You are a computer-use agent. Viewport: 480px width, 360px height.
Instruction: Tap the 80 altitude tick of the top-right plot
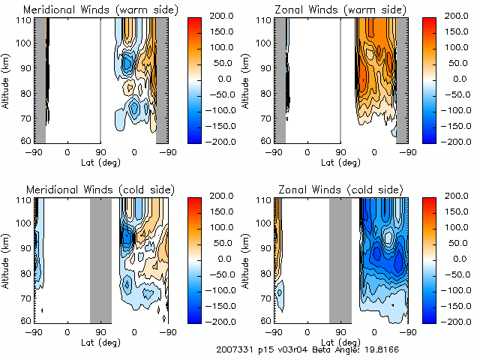(265, 94)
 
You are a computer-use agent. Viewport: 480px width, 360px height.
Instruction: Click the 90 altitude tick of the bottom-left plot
(25, 247)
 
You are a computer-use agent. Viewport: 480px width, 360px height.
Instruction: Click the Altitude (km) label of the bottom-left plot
(6, 259)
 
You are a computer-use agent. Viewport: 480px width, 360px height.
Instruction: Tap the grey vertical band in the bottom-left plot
(100, 259)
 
